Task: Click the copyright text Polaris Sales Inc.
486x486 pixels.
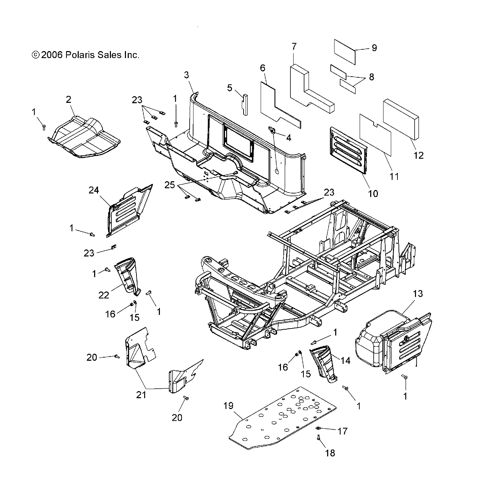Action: click(x=85, y=55)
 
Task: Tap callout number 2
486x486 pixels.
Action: click(x=69, y=99)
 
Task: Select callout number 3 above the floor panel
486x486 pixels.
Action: click(x=186, y=75)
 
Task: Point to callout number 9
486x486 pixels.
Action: click(x=374, y=48)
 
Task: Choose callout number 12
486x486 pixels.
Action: click(x=418, y=155)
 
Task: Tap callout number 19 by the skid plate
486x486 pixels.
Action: click(x=228, y=406)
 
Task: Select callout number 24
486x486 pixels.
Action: click(x=94, y=190)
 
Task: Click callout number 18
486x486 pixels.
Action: click(x=330, y=453)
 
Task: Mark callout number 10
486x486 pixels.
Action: click(x=373, y=193)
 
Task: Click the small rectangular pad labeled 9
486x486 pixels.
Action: click(x=345, y=51)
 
